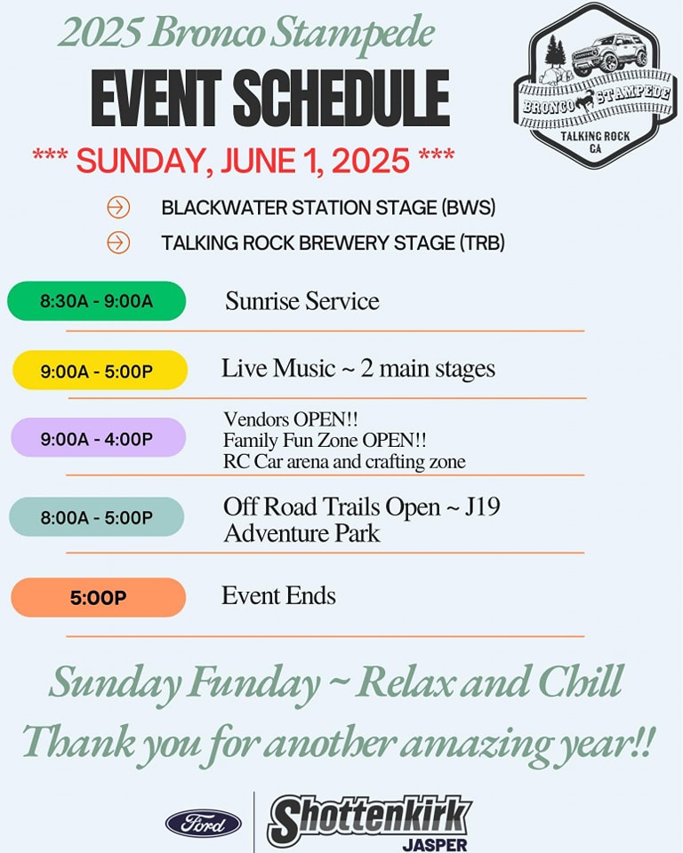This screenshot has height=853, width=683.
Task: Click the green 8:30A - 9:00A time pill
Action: pos(96,301)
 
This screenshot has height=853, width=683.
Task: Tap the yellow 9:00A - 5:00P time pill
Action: pos(100,370)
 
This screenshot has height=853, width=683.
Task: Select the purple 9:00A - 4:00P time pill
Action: pos(98,437)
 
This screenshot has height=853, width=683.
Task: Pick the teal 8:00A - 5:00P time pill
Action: pos(96,517)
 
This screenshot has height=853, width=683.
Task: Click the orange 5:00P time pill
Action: pos(98,597)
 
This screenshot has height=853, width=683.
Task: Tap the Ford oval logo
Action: pos(204,823)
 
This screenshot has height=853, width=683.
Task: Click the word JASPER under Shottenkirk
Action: pos(435,845)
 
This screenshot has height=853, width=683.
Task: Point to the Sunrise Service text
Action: pos(302,301)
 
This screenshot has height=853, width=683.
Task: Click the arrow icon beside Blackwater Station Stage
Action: pos(118,207)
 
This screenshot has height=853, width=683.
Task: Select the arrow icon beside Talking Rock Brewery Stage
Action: pos(118,242)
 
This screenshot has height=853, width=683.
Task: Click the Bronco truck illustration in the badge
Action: pos(609,53)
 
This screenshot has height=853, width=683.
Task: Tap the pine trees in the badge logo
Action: pos(555,52)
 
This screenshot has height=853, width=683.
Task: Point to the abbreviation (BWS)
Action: pos(468,207)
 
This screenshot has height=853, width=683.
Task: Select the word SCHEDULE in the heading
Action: pos(341,99)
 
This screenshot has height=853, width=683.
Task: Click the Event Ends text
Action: pos(278,595)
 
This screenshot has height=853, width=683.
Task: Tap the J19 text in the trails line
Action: pos(482,506)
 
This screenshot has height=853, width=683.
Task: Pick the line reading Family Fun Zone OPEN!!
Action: pos(325,440)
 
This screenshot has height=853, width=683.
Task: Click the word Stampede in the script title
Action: pos(352,33)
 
